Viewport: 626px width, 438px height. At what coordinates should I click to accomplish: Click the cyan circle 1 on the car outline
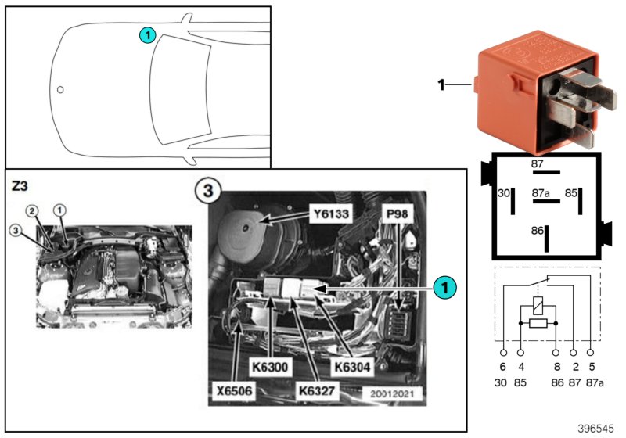(x=148, y=34)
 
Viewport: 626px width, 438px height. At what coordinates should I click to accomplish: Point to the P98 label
(x=396, y=214)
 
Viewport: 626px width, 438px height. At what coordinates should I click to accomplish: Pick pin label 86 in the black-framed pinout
(x=537, y=231)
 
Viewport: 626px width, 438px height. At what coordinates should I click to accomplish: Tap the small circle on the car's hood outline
(x=60, y=89)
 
